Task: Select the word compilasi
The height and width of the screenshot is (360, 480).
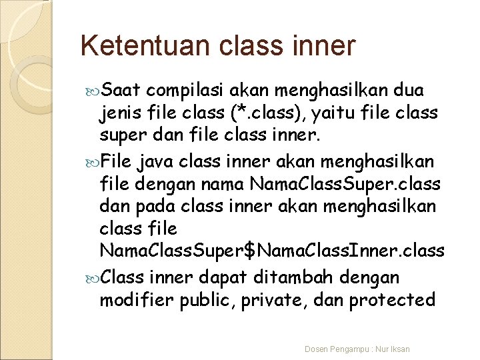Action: tap(189, 91)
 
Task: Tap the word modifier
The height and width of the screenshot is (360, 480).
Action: tap(135, 299)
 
